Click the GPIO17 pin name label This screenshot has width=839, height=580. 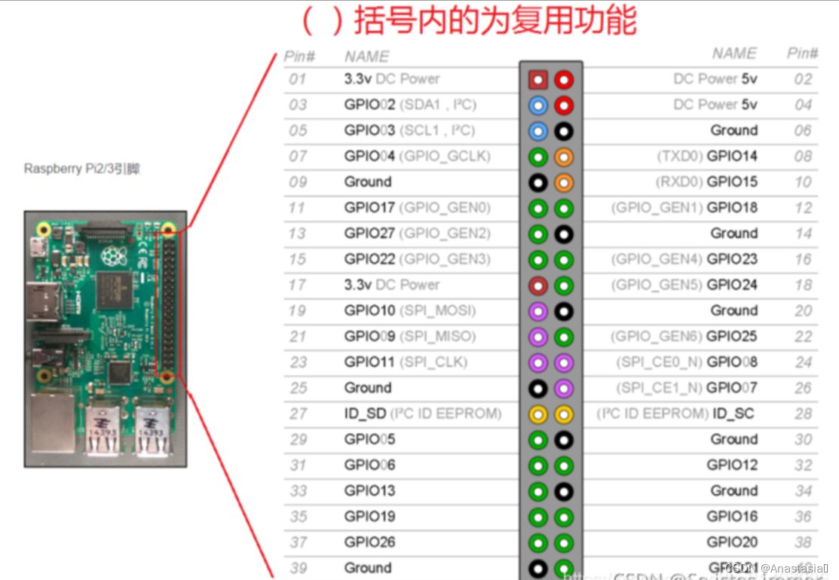click(369, 207)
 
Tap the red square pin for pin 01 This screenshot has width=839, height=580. click(537, 79)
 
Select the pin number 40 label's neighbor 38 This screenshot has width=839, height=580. click(803, 542)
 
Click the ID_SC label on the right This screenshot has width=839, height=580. click(733, 414)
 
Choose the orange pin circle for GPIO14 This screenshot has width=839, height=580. click(563, 157)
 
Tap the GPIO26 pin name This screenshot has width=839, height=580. click(369, 542)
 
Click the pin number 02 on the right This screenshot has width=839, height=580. click(803, 79)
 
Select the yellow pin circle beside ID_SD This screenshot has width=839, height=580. click(537, 414)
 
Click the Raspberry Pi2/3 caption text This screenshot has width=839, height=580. click(82, 168)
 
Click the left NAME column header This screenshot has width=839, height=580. click(366, 56)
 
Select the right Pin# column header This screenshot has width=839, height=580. click(803, 53)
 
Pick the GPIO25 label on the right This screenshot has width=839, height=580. click(732, 336)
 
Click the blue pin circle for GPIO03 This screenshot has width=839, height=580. click(537, 131)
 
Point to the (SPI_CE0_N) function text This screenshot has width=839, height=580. click(659, 362)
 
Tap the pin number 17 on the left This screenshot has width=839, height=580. click(298, 285)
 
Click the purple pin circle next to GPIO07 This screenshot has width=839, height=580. click(563, 389)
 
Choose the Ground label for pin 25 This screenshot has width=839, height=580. click(368, 388)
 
